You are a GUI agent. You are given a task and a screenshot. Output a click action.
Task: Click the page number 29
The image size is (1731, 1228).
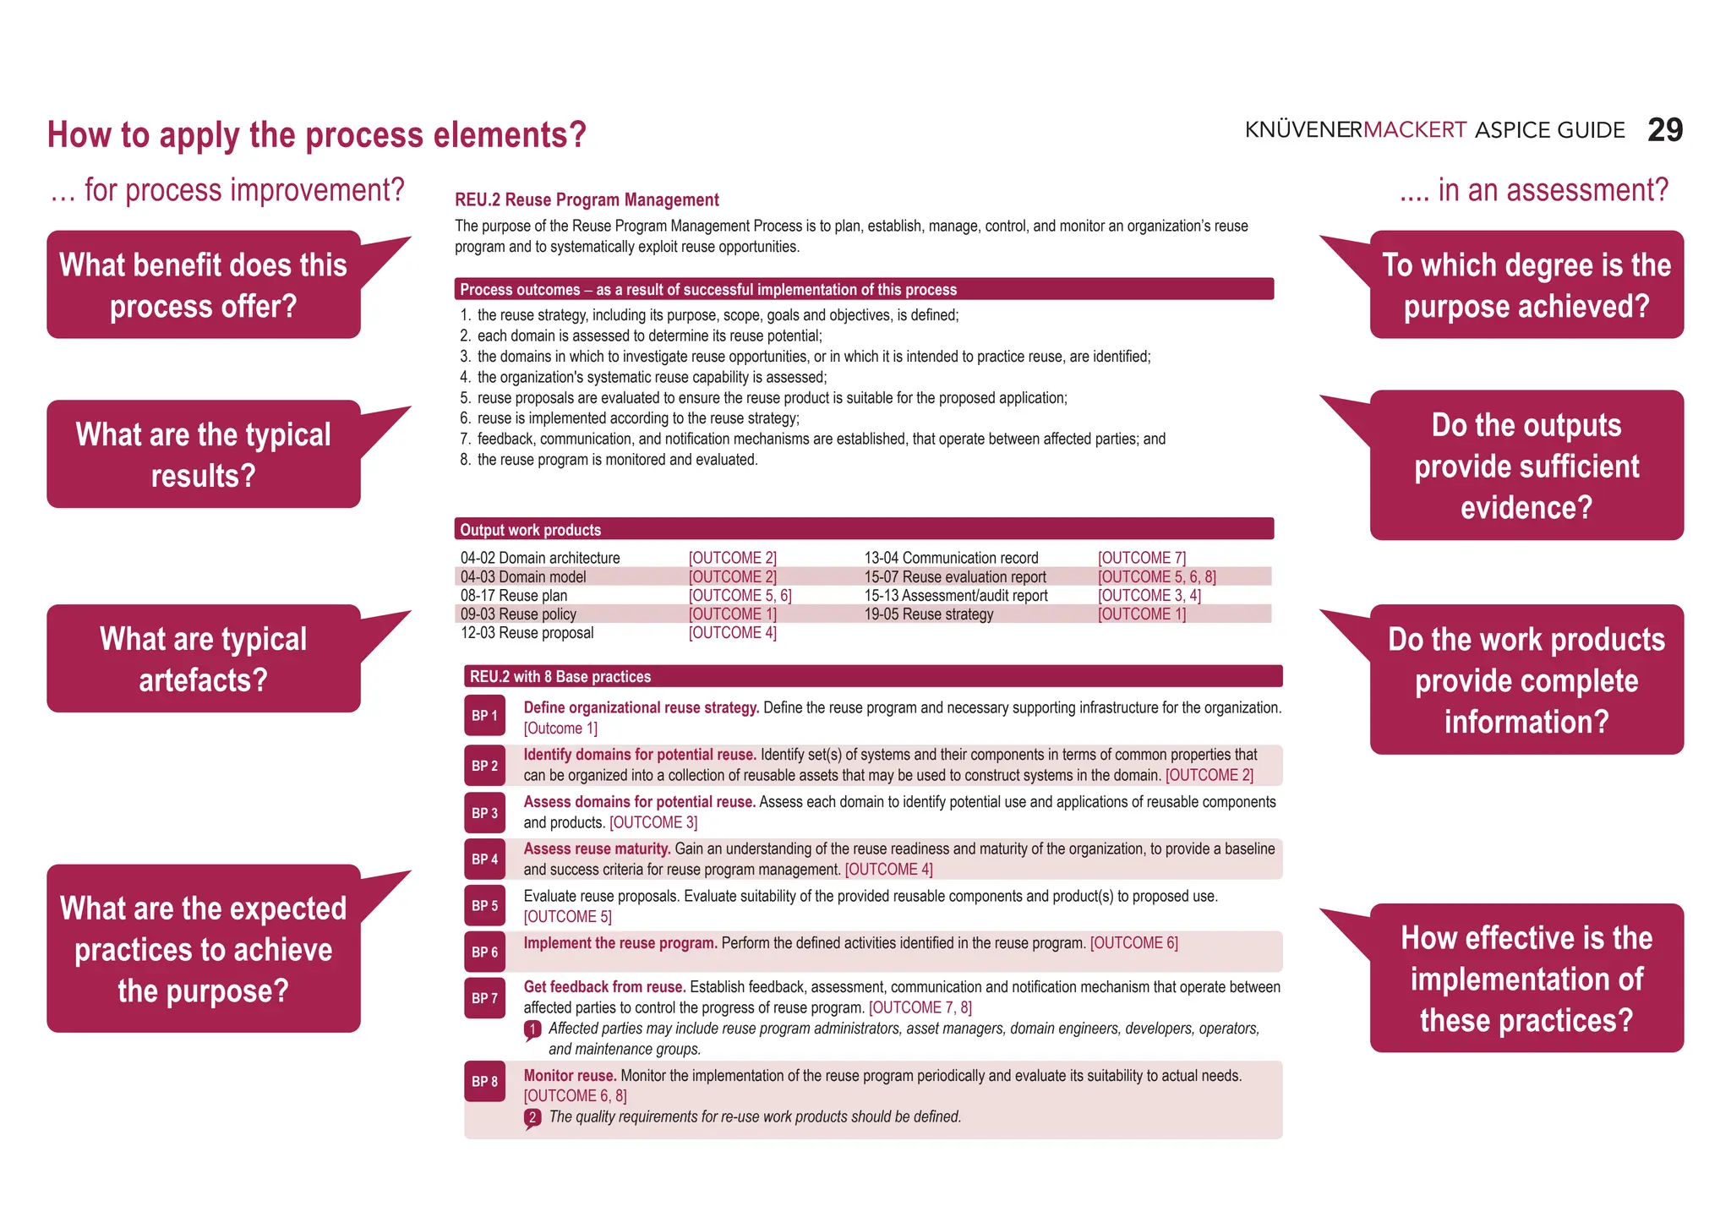coord(1664,130)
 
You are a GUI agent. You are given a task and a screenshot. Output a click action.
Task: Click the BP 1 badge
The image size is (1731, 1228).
coord(484,716)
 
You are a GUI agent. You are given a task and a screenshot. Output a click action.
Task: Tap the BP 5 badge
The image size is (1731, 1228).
coord(484,905)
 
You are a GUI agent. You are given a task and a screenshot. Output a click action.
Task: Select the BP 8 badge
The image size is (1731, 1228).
coord(484,1081)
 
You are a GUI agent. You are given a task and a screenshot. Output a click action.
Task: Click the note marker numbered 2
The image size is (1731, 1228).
coord(532,1117)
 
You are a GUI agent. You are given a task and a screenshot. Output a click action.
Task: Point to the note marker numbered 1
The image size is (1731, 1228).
coord(532,1029)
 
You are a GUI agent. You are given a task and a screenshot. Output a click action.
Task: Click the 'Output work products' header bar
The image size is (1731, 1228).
coord(863,529)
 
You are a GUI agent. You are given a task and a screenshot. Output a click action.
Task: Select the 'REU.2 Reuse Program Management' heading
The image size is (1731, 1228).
coord(587,199)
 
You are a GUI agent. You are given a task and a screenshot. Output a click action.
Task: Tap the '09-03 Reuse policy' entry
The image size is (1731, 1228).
coord(518,614)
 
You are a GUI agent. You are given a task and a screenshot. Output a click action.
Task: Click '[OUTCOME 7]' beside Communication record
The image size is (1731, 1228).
coord(1141,558)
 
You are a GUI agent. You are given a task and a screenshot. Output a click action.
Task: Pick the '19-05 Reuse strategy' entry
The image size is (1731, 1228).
coord(928,614)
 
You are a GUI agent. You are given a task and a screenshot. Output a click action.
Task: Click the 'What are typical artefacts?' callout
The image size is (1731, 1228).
coord(203,658)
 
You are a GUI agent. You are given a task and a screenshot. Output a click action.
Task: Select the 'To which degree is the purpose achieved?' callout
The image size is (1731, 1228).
coord(1526,285)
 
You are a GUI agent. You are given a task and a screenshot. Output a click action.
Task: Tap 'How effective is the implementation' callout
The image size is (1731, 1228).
coord(1526,978)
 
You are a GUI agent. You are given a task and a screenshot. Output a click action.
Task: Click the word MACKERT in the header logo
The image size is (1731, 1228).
coord(1414,130)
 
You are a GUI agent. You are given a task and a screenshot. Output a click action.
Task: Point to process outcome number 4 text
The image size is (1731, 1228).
coord(652,377)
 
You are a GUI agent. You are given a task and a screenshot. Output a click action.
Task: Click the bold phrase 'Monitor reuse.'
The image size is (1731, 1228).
coord(570,1076)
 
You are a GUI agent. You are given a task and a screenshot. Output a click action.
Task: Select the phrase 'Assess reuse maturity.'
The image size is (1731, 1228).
coord(597,849)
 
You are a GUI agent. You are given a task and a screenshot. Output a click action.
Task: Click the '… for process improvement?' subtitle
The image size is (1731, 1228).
coord(227,190)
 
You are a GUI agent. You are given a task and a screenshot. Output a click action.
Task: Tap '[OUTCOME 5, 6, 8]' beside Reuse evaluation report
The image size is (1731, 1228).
coord(1156,576)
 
